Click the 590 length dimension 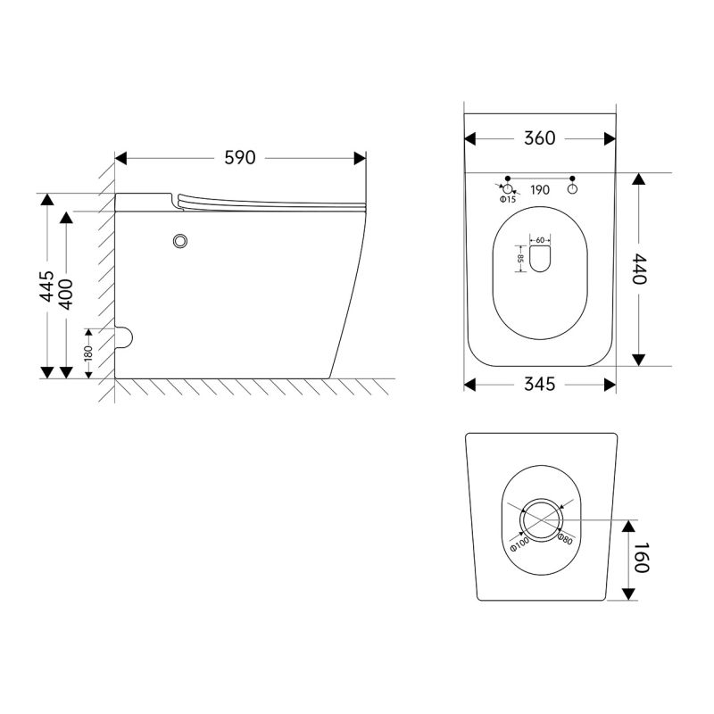tap(240, 158)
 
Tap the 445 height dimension tap(46, 286)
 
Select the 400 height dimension tap(66, 295)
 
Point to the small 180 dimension tap(88, 353)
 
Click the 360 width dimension tap(540, 138)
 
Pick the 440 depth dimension tap(639, 270)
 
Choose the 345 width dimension tap(540, 385)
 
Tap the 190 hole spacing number tap(540, 190)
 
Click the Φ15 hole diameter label tap(508, 199)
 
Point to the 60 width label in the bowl tap(540, 240)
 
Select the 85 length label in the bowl tap(521, 259)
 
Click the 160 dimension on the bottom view tap(640, 558)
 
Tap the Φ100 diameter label tap(519, 544)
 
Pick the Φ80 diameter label tap(565, 539)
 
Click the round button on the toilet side tap(181, 241)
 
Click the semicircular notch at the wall tap(123, 337)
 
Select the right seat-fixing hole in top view tap(572, 188)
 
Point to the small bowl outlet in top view tap(541, 259)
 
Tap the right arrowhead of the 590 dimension tap(361, 159)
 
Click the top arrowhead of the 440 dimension tap(639, 179)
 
